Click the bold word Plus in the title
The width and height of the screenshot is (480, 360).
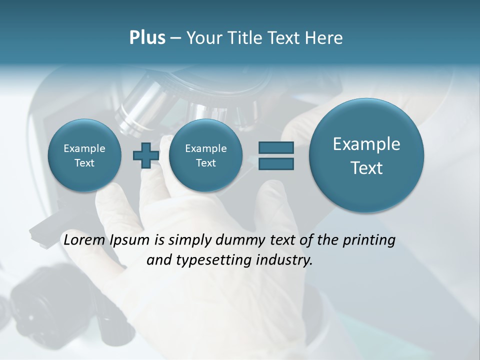(x=147, y=38)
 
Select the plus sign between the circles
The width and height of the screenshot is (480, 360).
(x=145, y=155)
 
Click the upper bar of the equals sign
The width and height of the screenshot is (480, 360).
(x=275, y=147)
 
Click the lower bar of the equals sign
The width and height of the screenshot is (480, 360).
(x=275, y=164)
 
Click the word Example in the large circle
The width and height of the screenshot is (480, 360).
(x=366, y=144)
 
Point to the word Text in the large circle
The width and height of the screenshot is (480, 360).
(x=366, y=168)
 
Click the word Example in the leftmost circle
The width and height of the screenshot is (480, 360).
(x=84, y=148)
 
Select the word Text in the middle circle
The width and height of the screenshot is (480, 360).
(x=205, y=163)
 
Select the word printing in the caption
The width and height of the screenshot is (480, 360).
(x=368, y=240)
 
